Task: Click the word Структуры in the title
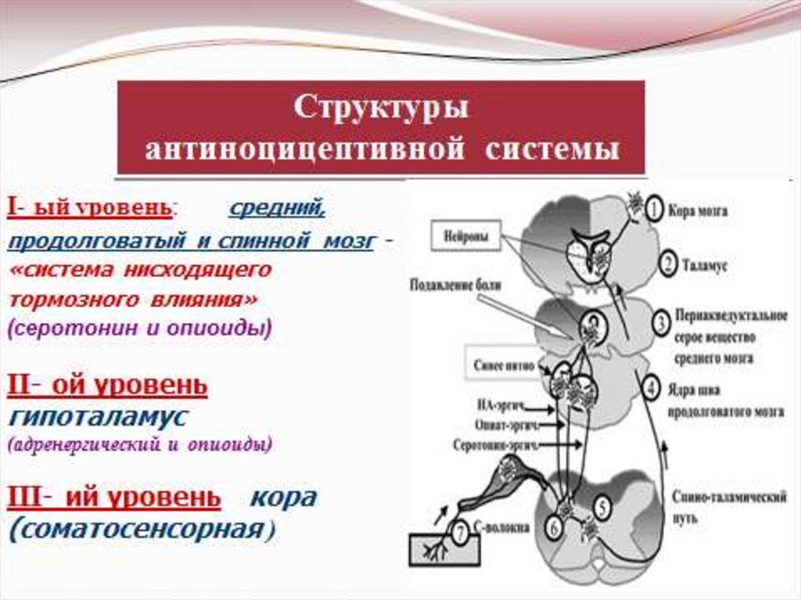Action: pos(382,108)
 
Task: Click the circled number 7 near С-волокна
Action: pos(461,534)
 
